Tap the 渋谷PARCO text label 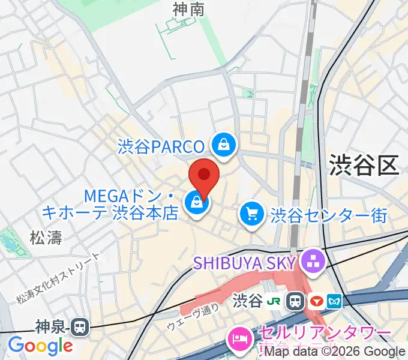(x=162, y=145)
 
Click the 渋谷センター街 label (x=329, y=215)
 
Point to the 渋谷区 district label (x=364, y=166)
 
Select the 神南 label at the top (x=188, y=10)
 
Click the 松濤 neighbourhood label (x=46, y=238)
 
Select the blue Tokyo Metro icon (x=334, y=299)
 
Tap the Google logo (x=40, y=346)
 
